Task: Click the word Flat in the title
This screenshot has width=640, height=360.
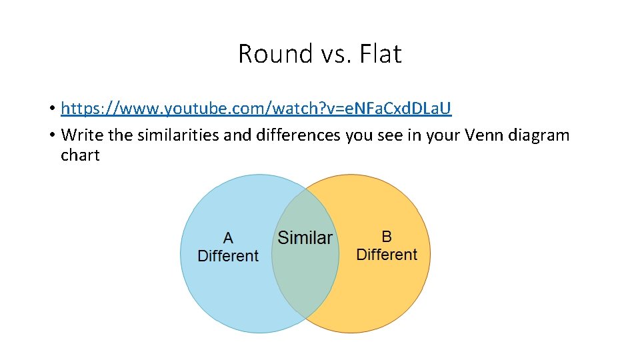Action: point(380,54)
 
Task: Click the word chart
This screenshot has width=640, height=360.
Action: point(80,155)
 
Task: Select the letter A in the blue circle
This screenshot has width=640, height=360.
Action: point(228,238)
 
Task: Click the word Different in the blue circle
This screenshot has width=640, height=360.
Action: point(228,256)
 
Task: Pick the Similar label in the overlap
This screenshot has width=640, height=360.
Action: point(305,238)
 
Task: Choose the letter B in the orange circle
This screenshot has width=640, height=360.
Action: point(387,236)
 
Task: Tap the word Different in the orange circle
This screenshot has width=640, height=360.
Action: point(387,255)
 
